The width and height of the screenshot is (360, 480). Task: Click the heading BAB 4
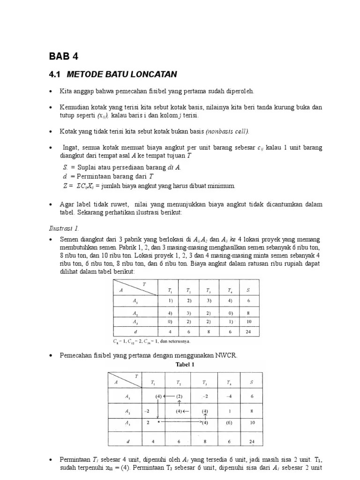(x=64, y=57)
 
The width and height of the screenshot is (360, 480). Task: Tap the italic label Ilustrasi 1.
(x=64, y=228)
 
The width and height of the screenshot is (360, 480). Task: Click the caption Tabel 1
(x=185, y=364)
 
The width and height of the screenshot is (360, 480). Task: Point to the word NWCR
(x=227, y=356)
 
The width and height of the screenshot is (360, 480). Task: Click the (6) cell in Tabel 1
(x=229, y=423)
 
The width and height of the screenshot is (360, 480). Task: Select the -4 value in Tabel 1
(x=229, y=396)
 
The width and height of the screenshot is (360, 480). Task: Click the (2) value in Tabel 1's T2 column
(x=179, y=396)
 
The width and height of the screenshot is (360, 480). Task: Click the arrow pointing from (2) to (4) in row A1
(x=169, y=396)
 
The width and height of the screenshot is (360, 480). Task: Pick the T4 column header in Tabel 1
(x=229, y=382)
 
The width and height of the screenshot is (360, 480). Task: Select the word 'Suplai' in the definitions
(x=88, y=167)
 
